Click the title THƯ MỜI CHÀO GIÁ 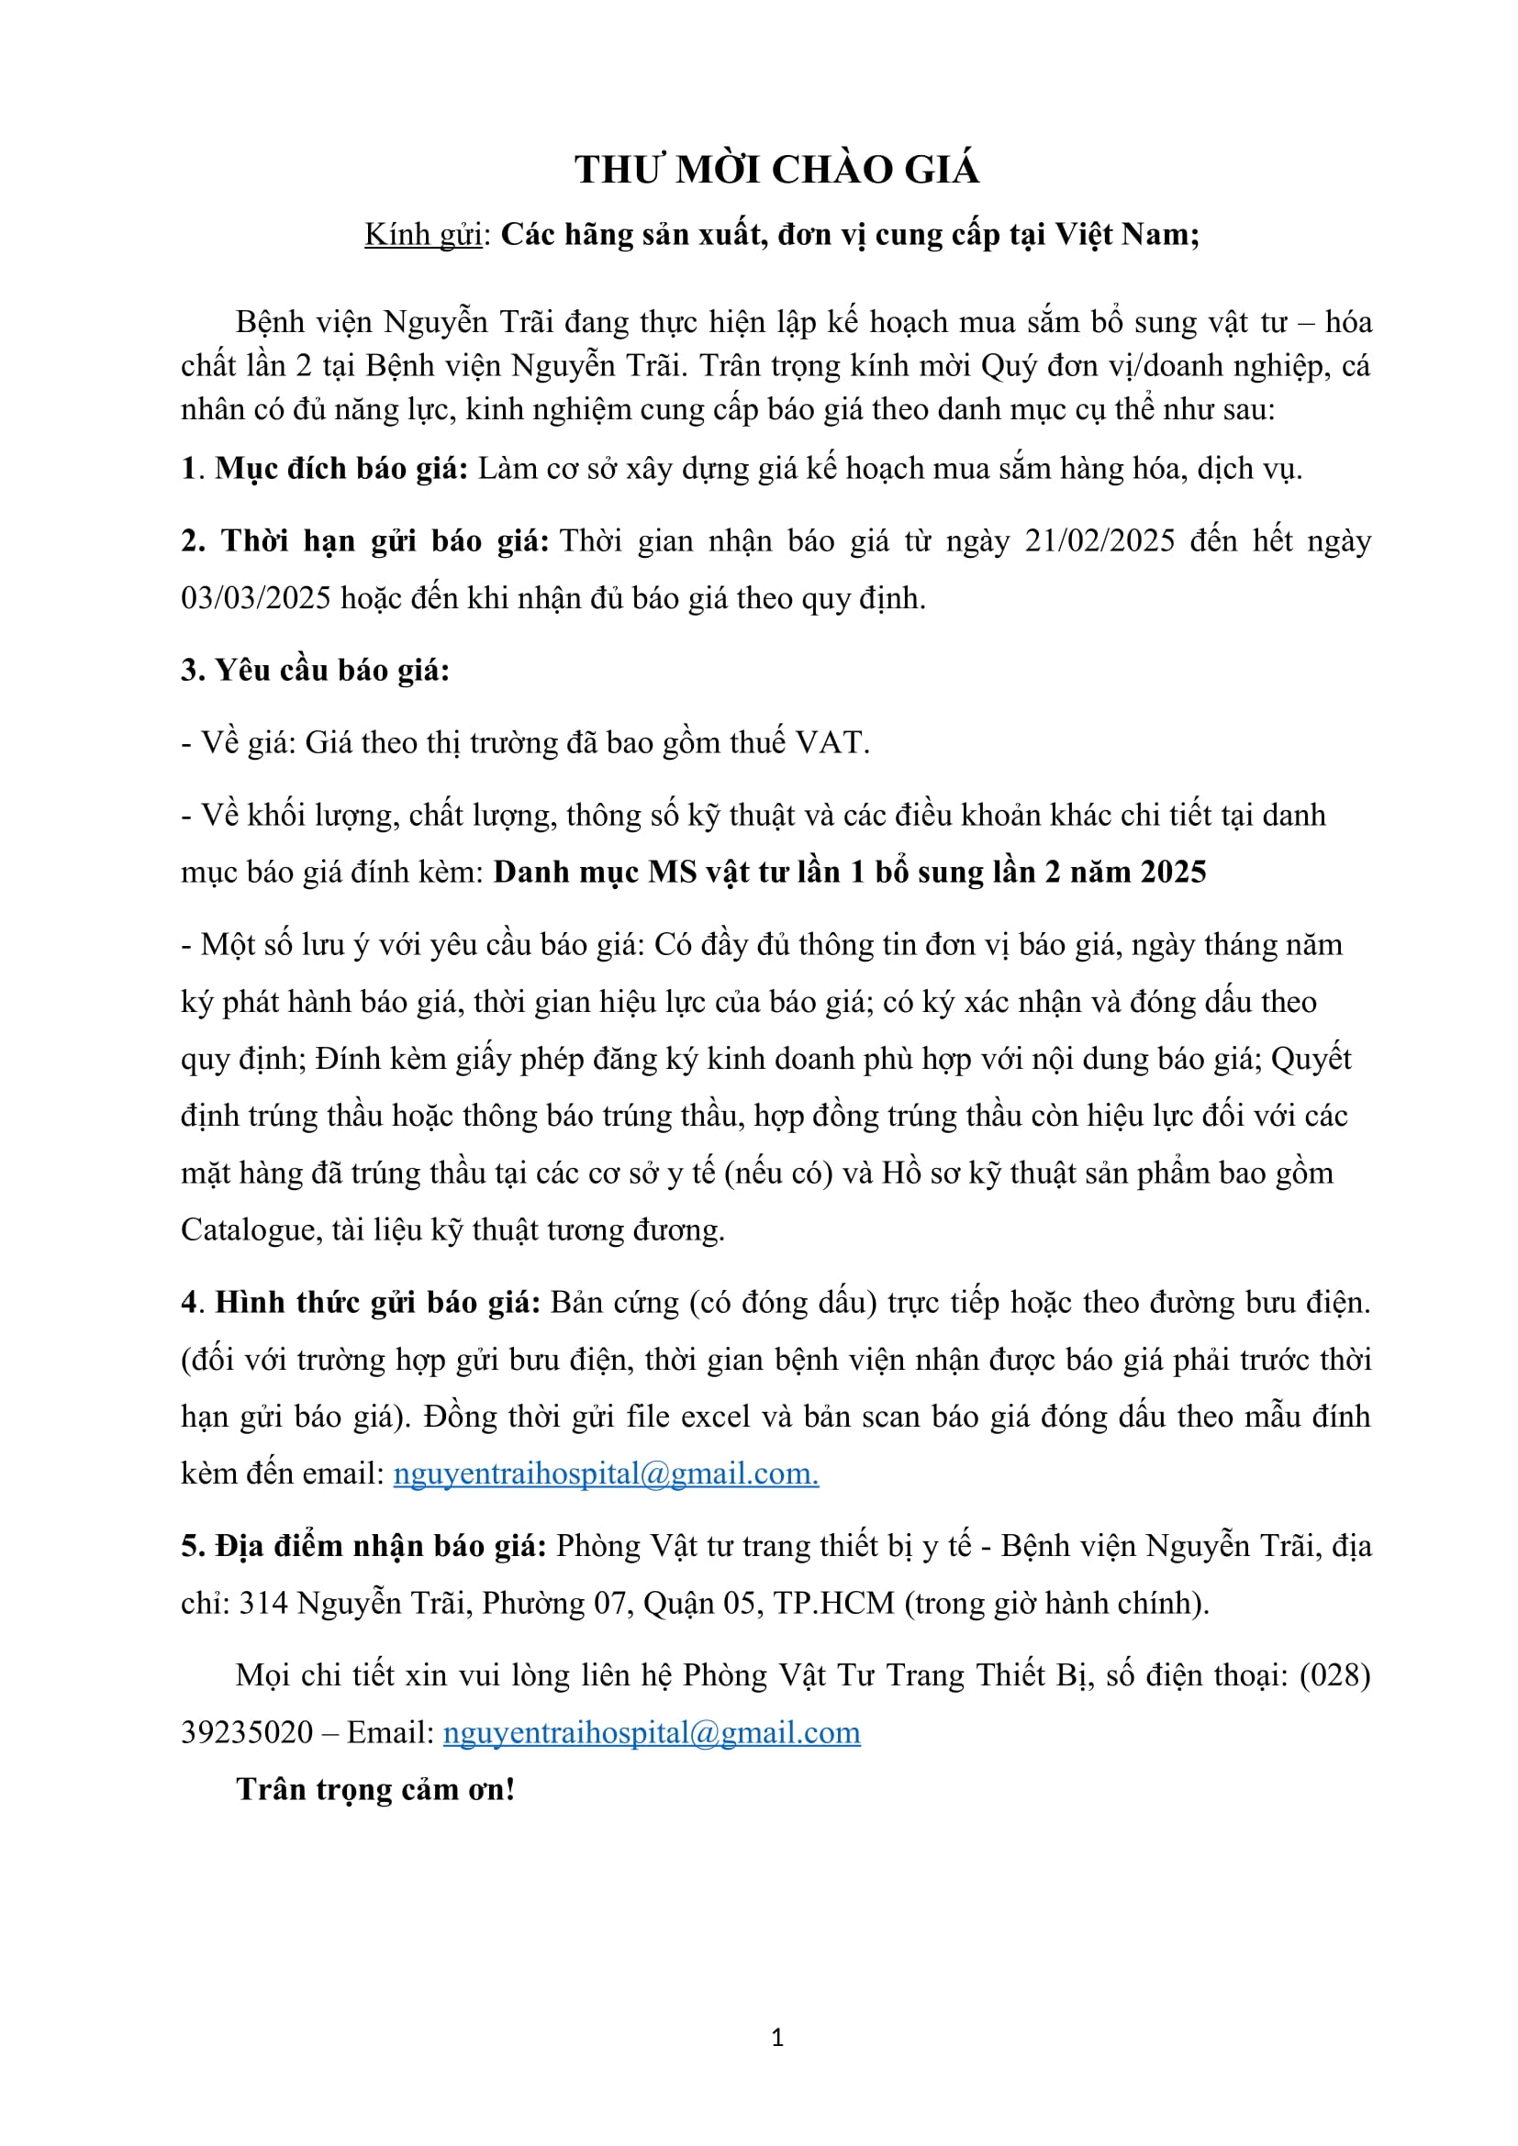[776, 170]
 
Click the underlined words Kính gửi [422, 235]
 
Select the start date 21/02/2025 [1099, 541]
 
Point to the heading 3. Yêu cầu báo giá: [315, 670]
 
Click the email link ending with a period [606, 1474]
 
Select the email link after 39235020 [652, 1733]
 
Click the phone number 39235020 [247, 1733]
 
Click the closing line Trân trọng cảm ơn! [375, 1790]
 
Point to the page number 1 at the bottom [776, 2038]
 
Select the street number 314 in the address [262, 1604]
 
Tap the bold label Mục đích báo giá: [341, 469]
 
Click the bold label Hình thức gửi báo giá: [377, 1303]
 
